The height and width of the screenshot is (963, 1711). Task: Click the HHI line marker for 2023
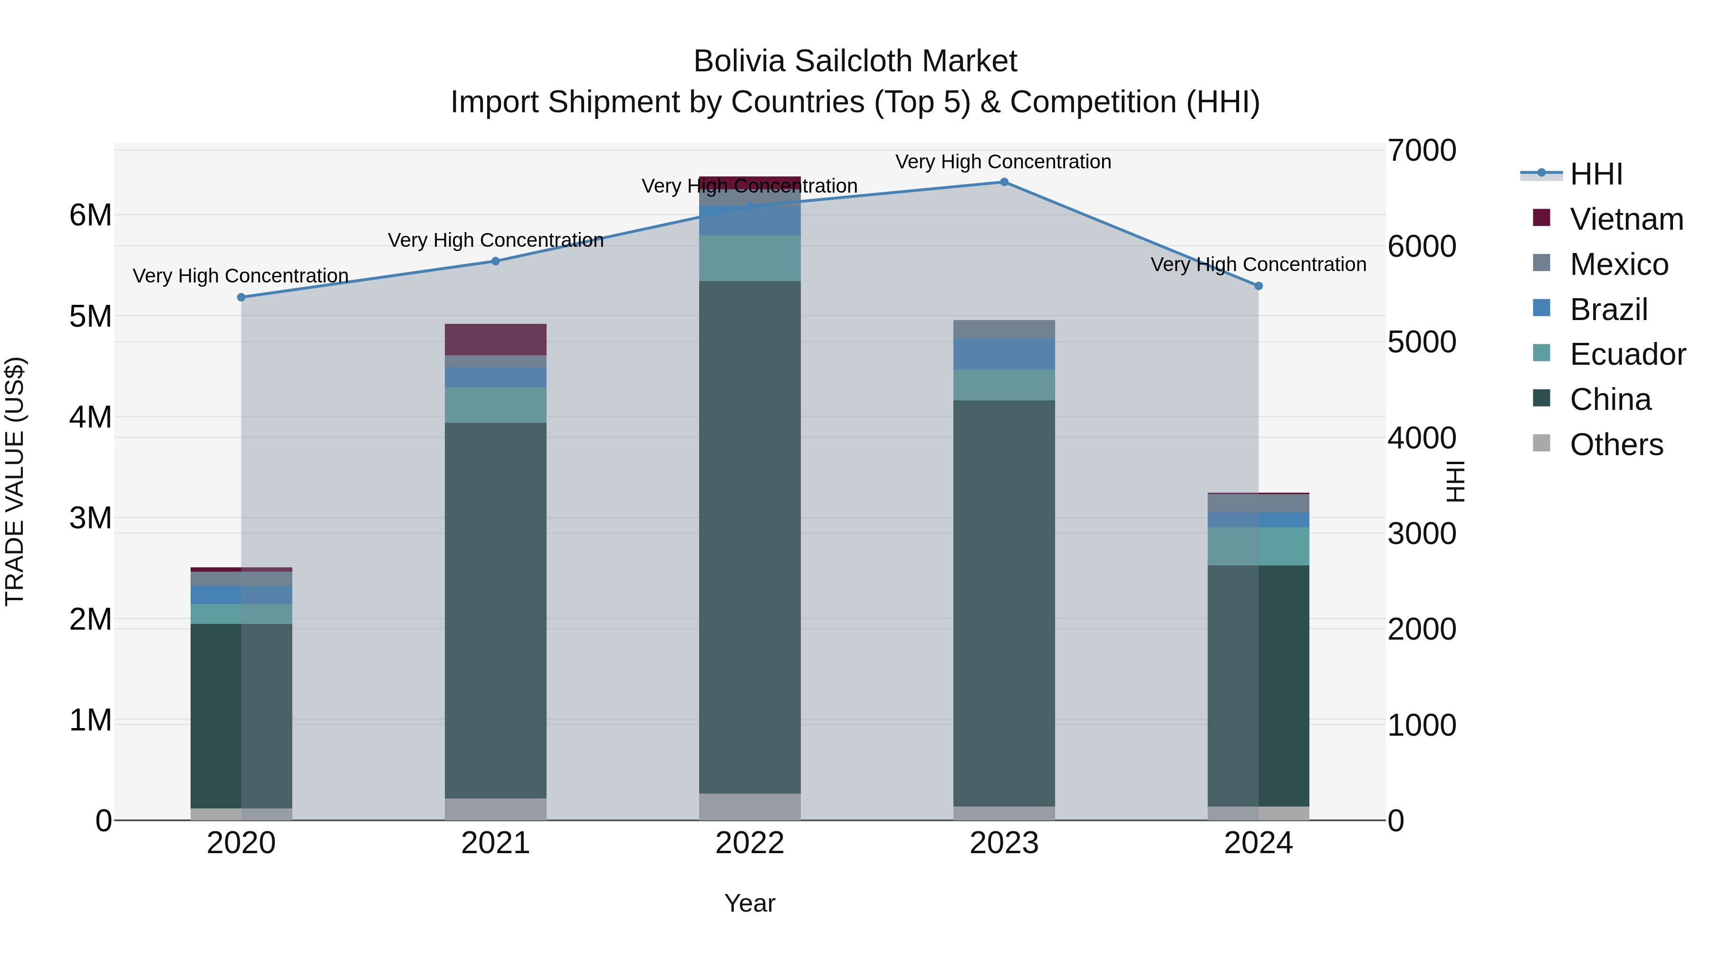tap(1004, 182)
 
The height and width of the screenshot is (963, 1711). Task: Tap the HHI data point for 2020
tap(241, 297)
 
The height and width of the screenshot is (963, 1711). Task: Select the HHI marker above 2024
tap(1258, 286)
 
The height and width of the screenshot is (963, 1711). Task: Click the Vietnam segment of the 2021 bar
tap(496, 340)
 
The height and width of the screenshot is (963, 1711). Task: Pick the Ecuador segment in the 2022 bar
tap(750, 259)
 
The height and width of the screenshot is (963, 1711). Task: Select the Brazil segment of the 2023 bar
tap(1004, 354)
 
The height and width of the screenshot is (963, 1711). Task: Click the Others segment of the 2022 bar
tap(750, 807)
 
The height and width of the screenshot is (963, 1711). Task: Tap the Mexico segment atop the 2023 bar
tap(1004, 330)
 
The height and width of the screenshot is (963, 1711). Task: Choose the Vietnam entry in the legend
tap(1626, 219)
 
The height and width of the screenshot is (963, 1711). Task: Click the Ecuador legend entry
tap(1627, 354)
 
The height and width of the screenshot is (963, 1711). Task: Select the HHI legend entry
tap(1596, 174)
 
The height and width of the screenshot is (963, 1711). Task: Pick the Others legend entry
tap(1616, 445)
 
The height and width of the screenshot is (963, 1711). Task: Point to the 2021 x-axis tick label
tap(496, 843)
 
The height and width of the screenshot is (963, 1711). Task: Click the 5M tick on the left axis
tap(91, 316)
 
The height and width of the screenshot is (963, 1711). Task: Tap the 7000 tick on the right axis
tap(1422, 150)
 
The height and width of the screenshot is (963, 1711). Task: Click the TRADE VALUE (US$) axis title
tap(15, 481)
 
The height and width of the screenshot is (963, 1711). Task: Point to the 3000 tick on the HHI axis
tap(1422, 534)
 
